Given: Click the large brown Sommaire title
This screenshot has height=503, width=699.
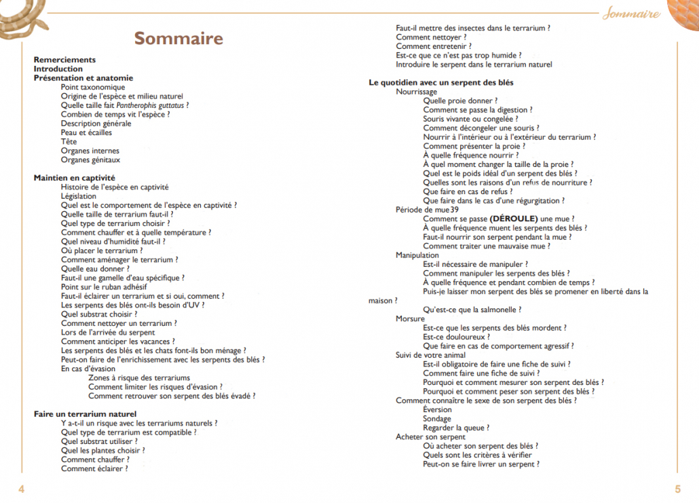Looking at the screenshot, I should pyautogui.click(x=178, y=38).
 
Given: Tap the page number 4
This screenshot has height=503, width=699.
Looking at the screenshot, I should pyautogui.click(x=22, y=489).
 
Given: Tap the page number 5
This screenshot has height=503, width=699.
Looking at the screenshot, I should pyautogui.click(x=677, y=489).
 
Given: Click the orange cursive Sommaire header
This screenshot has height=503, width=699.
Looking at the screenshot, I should pyautogui.click(x=631, y=14).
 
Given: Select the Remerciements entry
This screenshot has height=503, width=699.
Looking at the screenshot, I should pyautogui.click(x=64, y=60).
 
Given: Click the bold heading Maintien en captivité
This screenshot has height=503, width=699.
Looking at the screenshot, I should pyautogui.click(x=75, y=178).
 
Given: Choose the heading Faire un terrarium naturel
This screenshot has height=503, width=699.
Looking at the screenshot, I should pyautogui.click(x=86, y=413).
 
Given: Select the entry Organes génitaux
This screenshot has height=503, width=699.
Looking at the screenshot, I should pyautogui.click(x=90, y=160).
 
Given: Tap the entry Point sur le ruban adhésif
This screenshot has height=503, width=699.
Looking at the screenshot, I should pyautogui.click(x=104, y=287).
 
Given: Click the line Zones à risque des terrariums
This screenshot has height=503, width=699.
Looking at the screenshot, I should pyautogui.click(x=139, y=377).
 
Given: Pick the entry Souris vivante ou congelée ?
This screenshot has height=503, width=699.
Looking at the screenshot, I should pyautogui.click(x=470, y=119).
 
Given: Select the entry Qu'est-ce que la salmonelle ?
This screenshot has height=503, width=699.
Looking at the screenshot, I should pyautogui.click(x=472, y=310).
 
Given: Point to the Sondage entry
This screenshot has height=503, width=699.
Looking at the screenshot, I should pyautogui.click(x=438, y=419).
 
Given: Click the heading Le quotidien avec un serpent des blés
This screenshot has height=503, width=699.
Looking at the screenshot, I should pyautogui.click(x=441, y=83).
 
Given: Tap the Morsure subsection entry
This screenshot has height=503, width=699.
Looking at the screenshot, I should pyautogui.click(x=410, y=318).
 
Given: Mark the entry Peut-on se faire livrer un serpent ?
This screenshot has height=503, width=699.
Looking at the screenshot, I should pyautogui.click(x=481, y=464).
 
